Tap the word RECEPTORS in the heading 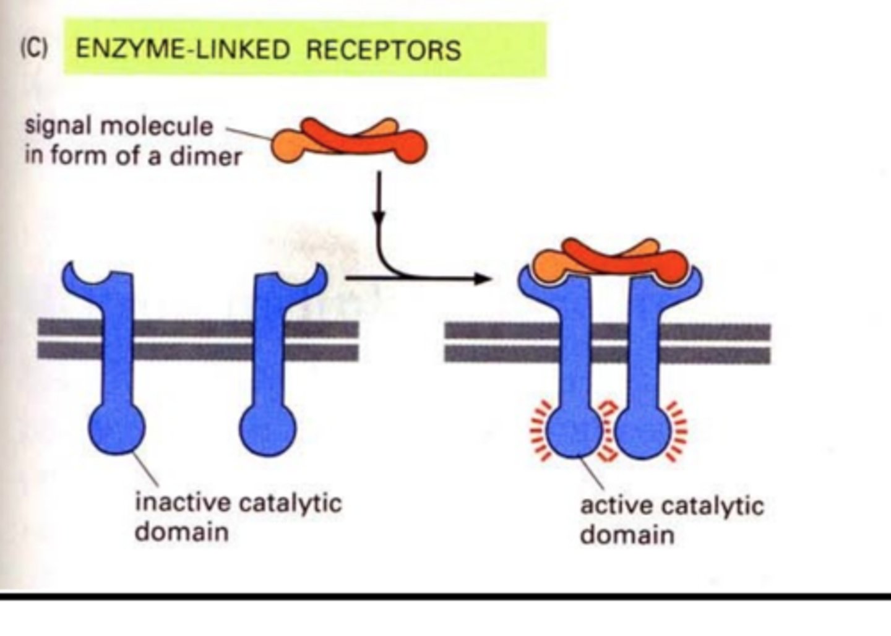[x=383, y=49]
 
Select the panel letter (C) [x=34, y=49]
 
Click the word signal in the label [x=58, y=126]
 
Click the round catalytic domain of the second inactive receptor [x=267, y=429]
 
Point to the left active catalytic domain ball [x=575, y=431]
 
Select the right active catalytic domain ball [x=643, y=431]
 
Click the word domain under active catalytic [x=627, y=535]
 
